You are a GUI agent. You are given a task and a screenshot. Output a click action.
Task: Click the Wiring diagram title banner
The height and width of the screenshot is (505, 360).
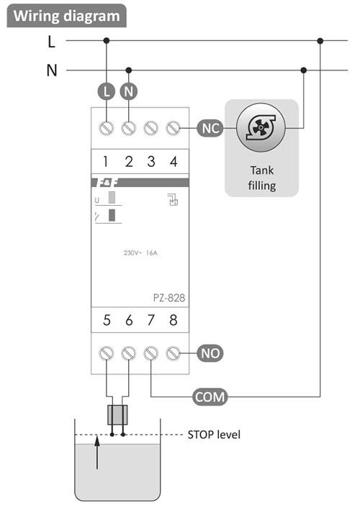point(67,16)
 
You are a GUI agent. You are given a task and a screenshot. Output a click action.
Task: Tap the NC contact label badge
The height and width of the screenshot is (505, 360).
point(210,128)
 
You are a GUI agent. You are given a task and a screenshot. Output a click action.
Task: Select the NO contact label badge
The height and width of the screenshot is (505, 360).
point(210,353)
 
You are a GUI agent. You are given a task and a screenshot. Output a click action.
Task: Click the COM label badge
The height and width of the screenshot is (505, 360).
point(210,397)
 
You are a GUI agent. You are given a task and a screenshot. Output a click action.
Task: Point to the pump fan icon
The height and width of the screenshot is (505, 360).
point(261,128)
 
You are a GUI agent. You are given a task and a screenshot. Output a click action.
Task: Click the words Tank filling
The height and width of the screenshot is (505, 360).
point(261,178)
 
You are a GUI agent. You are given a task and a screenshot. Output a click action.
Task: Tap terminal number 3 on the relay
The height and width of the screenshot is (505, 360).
point(150,161)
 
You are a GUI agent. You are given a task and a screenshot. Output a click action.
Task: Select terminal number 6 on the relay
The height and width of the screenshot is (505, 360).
point(129,320)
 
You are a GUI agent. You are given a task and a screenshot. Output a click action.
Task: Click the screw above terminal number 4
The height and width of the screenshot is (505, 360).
point(173,128)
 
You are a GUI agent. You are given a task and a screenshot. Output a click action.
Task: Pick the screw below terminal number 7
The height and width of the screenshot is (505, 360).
point(150,353)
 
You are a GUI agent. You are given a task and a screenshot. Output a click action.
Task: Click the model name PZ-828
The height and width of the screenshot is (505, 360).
point(169,298)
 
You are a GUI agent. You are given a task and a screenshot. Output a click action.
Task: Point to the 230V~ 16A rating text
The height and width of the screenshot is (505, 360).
point(140,252)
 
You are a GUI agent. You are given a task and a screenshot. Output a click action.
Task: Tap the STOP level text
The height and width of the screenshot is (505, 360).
point(214,435)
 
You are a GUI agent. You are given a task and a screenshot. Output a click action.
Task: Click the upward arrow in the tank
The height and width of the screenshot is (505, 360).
point(97,452)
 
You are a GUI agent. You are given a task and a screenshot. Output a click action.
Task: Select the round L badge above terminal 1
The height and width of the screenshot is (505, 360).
point(107,91)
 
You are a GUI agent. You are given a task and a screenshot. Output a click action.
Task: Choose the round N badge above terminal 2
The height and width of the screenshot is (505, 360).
point(129,91)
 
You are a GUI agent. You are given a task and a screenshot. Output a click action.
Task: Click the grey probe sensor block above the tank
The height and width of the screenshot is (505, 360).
point(117,415)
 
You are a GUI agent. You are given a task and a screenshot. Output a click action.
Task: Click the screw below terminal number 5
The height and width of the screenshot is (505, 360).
point(107,353)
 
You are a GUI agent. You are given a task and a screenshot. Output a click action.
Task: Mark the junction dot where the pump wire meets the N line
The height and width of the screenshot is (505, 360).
point(303,70)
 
